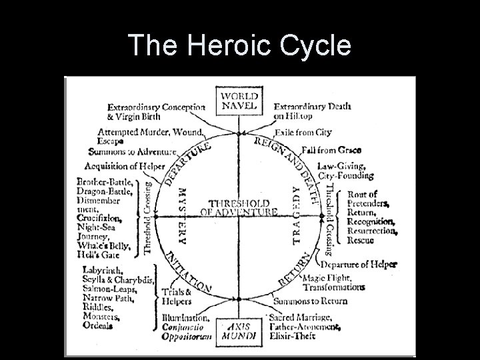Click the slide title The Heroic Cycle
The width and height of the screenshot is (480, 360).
click(x=239, y=45)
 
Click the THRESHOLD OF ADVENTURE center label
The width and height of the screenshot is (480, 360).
click(x=239, y=207)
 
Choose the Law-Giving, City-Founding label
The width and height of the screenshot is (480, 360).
click(x=345, y=171)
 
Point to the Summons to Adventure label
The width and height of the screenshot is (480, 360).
click(x=132, y=153)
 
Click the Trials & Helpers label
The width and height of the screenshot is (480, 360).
click(x=176, y=296)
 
